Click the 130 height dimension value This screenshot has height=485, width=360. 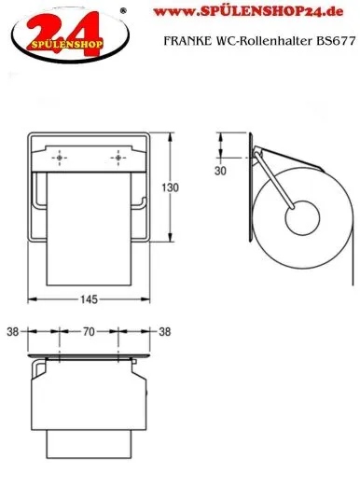point(170,187)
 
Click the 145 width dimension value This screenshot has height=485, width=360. point(89,299)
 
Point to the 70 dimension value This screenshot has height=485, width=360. point(89,332)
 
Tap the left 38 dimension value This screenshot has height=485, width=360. point(13,332)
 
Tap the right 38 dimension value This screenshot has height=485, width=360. point(165,332)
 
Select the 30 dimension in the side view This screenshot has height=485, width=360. point(220,171)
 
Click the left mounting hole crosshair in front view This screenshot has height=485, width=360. point(60,158)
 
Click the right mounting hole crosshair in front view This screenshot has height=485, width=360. point(118,158)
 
